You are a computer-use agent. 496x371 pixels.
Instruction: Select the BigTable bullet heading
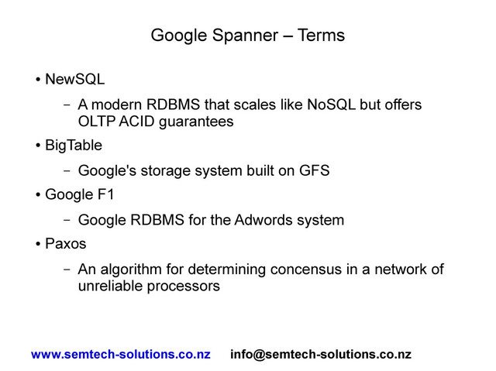point(73,145)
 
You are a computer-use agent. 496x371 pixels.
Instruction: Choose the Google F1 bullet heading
point(79,194)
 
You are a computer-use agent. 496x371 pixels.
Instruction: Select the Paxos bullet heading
point(66,244)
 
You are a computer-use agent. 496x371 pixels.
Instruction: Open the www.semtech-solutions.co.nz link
point(120,355)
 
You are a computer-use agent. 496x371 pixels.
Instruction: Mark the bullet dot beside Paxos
point(38,245)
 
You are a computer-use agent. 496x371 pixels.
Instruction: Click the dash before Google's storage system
point(67,170)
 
